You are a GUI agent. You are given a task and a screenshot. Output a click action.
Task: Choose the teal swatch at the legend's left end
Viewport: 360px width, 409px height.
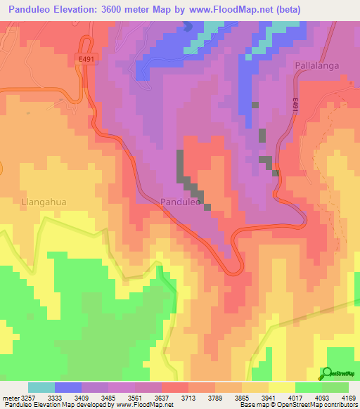click(x=41, y=387)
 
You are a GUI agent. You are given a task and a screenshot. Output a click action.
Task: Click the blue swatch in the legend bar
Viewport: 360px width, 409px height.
click(x=68, y=387)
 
